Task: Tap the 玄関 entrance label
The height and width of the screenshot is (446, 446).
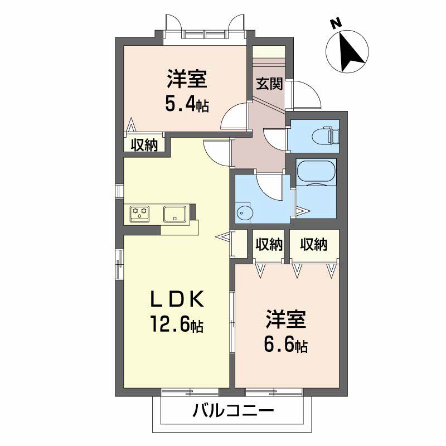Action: (269, 84)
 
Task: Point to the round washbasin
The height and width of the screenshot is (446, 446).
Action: (244, 211)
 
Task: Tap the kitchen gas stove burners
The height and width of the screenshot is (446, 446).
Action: (140, 212)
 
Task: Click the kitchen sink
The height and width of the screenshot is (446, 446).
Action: (176, 213)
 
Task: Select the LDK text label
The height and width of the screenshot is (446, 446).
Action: (176, 300)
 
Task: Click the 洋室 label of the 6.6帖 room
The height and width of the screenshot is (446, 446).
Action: (285, 321)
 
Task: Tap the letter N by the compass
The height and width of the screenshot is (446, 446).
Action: (335, 23)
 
